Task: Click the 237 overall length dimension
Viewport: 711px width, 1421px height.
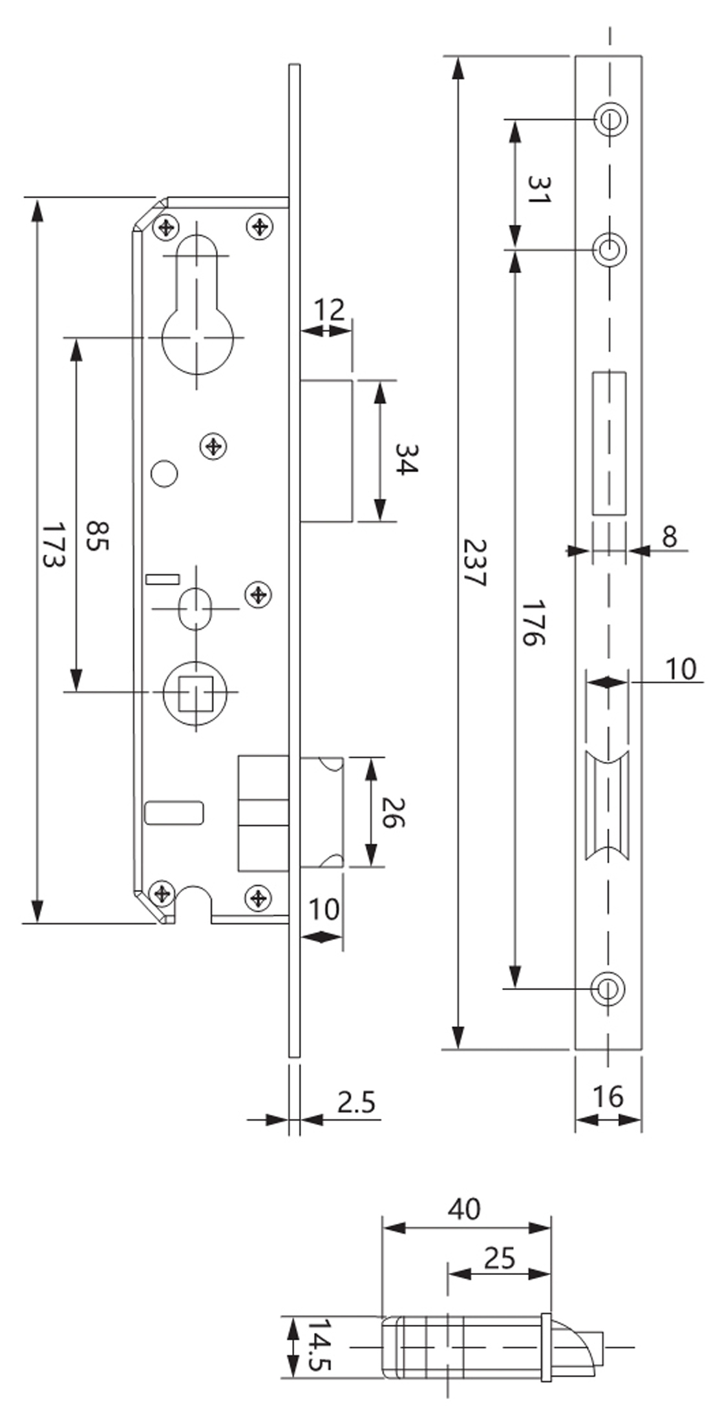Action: click(474, 563)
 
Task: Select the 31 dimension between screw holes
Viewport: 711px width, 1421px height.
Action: click(538, 190)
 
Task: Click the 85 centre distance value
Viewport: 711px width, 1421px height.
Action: click(98, 536)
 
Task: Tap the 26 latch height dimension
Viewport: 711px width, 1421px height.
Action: click(393, 813)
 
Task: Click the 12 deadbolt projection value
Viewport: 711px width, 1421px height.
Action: click(330, 310)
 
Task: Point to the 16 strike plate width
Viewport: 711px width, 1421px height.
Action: click(608, 1096)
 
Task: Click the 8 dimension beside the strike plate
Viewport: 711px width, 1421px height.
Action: click(670, 536)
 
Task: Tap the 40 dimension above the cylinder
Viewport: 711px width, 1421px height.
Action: click(464, 1209)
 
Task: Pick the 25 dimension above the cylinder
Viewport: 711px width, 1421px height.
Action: click(500, 1258)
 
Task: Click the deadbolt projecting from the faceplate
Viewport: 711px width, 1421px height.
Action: click(326, 451)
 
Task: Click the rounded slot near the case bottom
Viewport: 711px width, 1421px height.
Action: click(174, 813)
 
